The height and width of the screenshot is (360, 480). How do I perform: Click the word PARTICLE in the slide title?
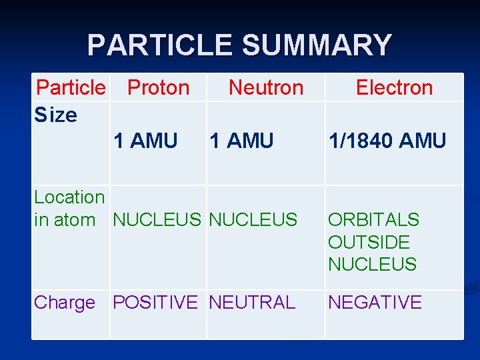(161, 45)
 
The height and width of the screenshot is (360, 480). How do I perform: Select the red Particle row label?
(71, 87)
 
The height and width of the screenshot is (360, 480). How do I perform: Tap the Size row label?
(56, 115)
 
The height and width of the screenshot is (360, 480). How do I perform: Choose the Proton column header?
(158, 87)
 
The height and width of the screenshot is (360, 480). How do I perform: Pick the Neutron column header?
(265, 87)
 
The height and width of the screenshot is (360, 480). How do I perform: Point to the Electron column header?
(394, 87)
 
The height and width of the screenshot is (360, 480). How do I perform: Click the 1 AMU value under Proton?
(145, 141)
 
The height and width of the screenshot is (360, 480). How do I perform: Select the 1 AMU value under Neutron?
(241, 141)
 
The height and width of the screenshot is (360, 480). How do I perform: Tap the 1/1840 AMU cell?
(387, 141)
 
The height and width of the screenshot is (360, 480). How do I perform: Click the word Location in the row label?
(69, 197)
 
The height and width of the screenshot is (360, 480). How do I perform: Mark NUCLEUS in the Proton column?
(157, 219)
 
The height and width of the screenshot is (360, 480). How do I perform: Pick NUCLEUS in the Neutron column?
(253, 219)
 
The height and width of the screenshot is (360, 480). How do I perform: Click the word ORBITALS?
(373, 220)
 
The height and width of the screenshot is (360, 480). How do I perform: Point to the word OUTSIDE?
(369, 242)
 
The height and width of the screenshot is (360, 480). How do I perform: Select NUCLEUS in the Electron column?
(372, 265)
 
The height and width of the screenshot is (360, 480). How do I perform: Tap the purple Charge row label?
(65, 303)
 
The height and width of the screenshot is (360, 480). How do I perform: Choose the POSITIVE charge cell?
(155, 303)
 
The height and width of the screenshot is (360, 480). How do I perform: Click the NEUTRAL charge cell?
(252, 303)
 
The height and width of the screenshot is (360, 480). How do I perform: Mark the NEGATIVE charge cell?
(375, 303)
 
